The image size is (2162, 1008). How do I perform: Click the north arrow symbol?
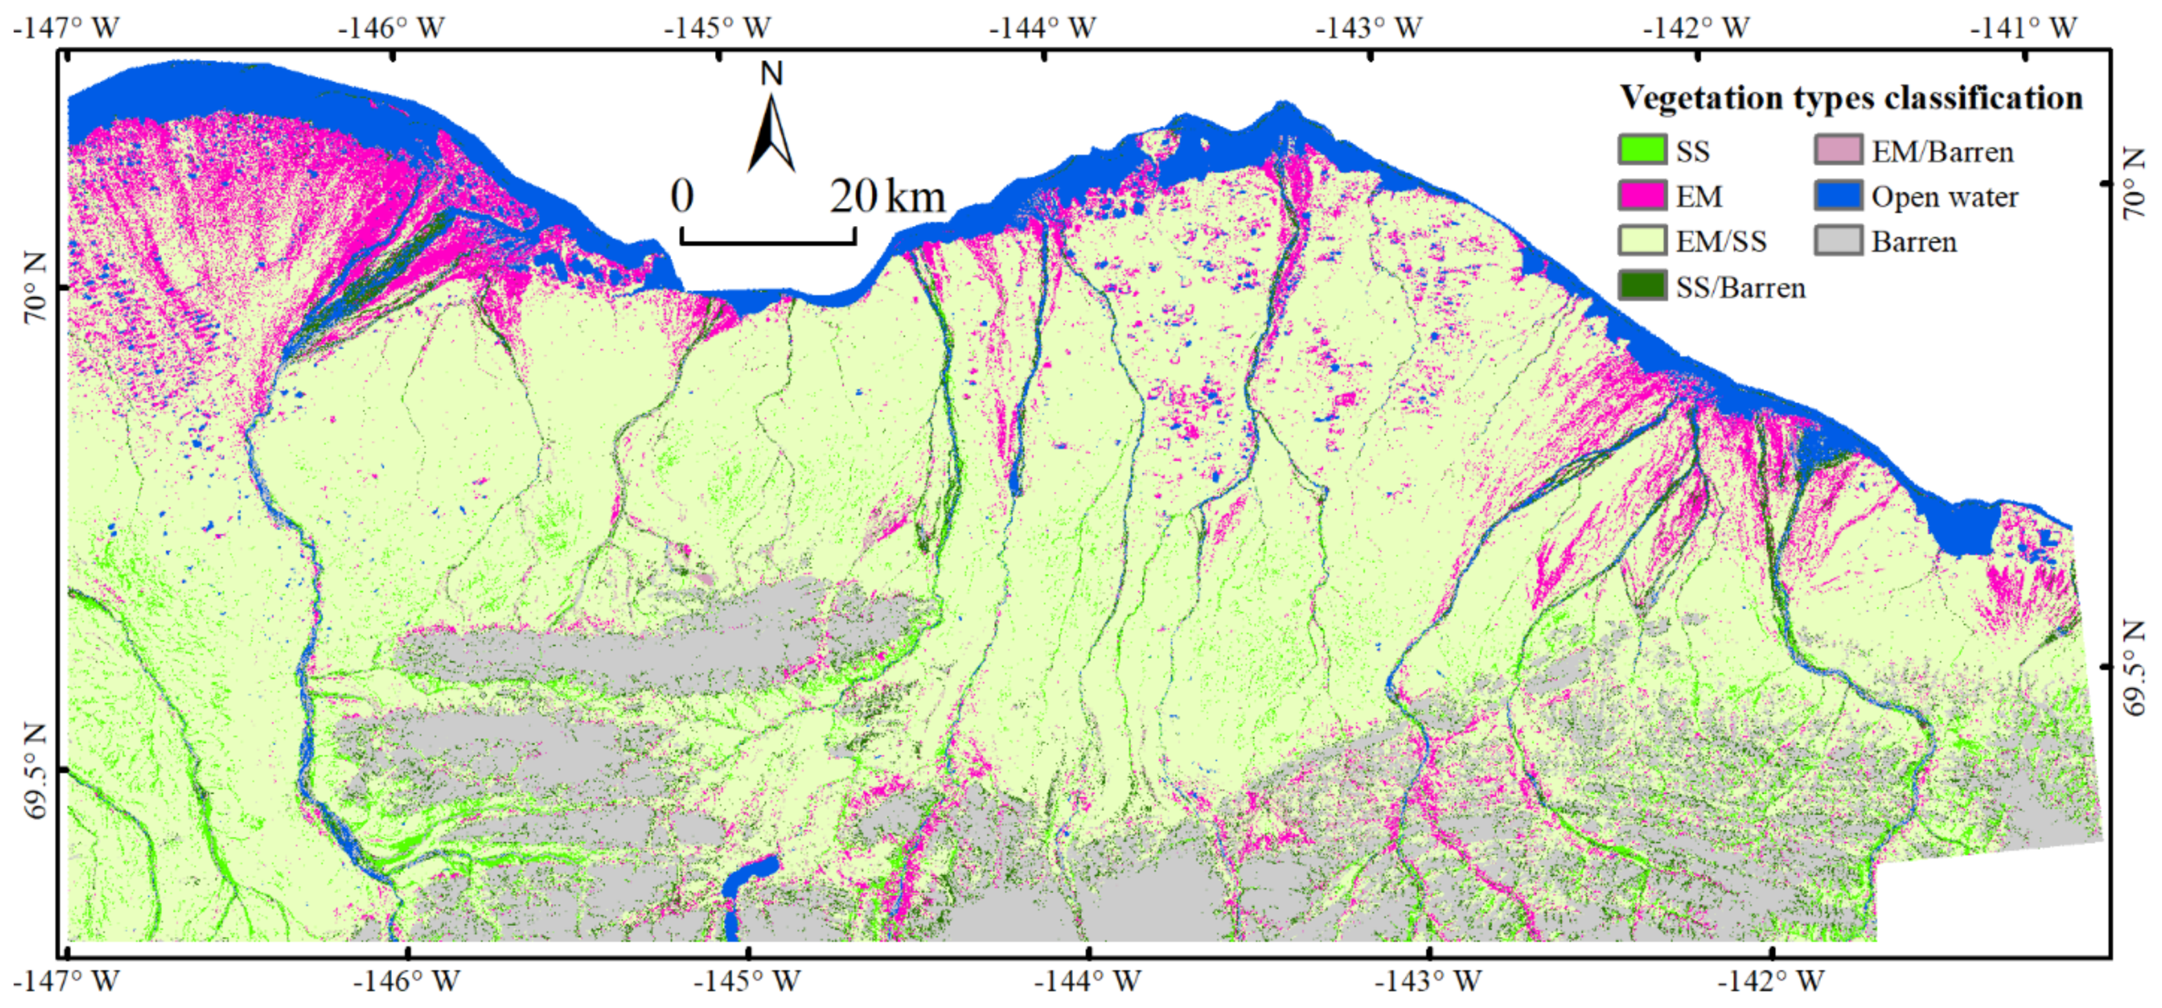tap(771, 135)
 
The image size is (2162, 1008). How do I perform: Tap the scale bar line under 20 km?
tap(768, 242)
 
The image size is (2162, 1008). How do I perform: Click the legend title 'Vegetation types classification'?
tap(1851, 99)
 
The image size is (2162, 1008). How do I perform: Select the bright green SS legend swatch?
tap(1642, 151)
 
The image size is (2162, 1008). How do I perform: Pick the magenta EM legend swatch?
tap(1642, 196)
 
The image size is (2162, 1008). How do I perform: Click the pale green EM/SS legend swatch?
tap(1642, 242)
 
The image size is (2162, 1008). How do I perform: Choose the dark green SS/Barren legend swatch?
tap(1642, 287)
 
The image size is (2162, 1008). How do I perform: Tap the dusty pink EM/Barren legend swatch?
tap(1837, 151)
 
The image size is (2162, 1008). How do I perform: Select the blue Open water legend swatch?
tap(1837, 196)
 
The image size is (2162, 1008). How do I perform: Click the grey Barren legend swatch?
tap(1837, 242)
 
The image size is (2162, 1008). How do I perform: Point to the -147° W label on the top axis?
tap(66, 27)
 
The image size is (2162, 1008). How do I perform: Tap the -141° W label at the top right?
tap(2024, 27)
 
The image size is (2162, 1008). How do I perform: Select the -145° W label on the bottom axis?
tap(747, 981)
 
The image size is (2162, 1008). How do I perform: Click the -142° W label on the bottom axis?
tap(1770, 981)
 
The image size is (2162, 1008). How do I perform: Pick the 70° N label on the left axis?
tap(35, 289)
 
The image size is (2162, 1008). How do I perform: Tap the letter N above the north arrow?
tap(771, 74)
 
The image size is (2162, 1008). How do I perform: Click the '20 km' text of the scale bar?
tap(888, 197)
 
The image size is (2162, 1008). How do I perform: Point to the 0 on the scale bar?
tap(682, 197)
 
